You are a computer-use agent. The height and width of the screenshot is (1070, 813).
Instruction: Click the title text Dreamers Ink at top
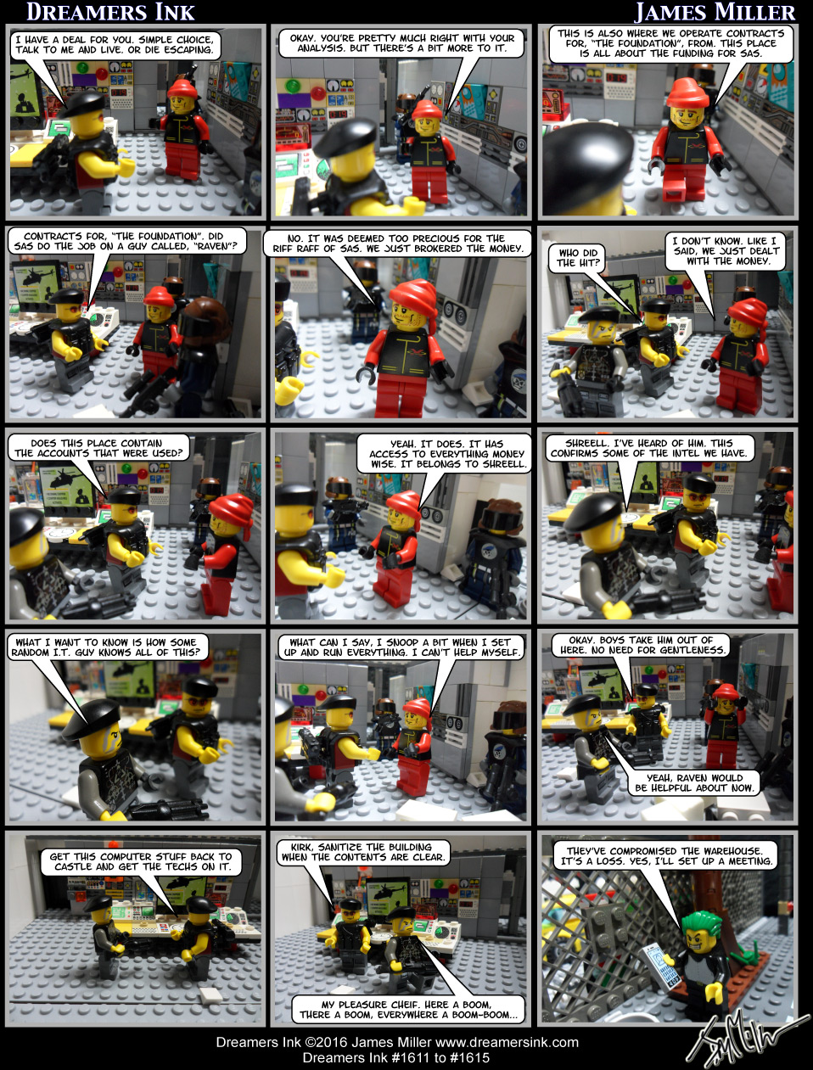tap(110, 12)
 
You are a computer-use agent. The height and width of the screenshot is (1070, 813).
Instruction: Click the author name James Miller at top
tap(715, 12)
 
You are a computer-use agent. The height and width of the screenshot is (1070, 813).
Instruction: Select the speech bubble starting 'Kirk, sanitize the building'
tap(363, 852)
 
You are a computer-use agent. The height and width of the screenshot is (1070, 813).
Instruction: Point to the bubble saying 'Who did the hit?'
tap(578, 257)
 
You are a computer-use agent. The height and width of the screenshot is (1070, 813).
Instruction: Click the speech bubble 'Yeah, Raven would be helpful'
tap(694, 782)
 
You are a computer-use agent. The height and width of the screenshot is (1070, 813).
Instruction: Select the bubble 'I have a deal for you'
tap(114, 44)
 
